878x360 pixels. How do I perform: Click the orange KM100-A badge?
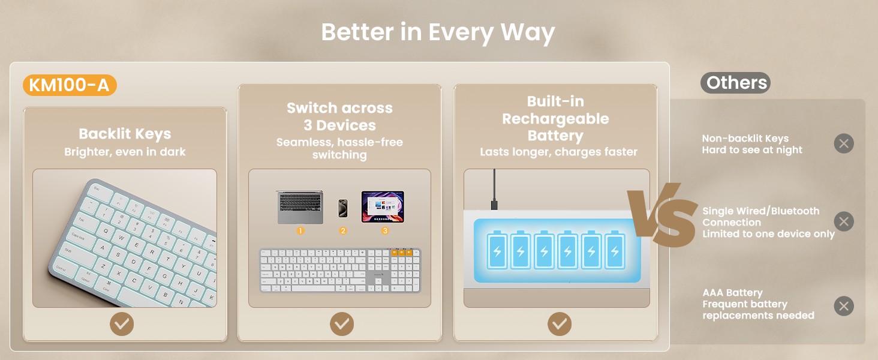pos(70,86)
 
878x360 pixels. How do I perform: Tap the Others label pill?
pos(736,83)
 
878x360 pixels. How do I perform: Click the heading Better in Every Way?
pos(438,32)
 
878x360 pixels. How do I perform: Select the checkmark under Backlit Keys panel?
pos(122,324)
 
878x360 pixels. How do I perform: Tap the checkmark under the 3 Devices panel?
pos(342,324)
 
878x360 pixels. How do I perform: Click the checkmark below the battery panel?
pos(560,324)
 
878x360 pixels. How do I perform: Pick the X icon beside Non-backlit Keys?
pos(844,144)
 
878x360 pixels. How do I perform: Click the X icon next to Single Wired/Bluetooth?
pos(844,221)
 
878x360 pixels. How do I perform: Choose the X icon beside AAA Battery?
pos(844,306)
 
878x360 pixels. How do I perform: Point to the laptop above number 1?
pos(300,208)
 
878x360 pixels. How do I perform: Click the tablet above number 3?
pos(383,207)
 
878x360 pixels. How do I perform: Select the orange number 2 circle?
pos(343,230)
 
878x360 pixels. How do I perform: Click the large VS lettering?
pos(663,215)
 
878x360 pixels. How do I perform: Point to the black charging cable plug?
pos(494,205)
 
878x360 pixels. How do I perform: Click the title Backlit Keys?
pos(125,134)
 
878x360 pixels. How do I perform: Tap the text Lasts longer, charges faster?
pos(558,152)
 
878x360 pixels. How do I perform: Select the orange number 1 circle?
pos(300,230)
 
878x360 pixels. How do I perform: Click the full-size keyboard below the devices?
pos(340,270)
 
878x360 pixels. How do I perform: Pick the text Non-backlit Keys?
pos(745,139)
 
